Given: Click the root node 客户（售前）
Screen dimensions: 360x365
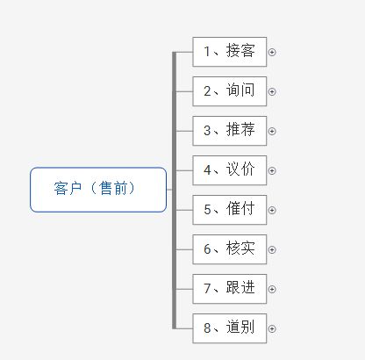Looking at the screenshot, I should coord(98,190).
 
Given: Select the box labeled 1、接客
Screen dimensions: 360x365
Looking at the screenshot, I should coord(230,52).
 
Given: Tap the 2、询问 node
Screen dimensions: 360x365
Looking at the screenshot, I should coord(230,91).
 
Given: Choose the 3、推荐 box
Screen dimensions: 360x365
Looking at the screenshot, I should coord(230,131).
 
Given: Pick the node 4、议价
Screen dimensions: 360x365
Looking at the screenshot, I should coord(230,170).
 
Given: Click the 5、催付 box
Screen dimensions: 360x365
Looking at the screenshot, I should coord(230,210).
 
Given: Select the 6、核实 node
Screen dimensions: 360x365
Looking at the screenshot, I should coord(230,249).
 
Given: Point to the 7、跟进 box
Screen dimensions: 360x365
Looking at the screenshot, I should coord(230,288).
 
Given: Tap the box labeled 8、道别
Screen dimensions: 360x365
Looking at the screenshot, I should coord(230,328).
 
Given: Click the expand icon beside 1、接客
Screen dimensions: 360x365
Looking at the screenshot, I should coord(272,53).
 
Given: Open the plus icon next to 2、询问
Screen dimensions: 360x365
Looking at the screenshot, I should coord(272,92).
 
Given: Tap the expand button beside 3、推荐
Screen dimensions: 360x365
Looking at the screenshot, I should coord(272,132).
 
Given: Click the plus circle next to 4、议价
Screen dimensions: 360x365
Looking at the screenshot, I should coord(272,171).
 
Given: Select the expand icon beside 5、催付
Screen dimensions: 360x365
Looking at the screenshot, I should coord(272,211).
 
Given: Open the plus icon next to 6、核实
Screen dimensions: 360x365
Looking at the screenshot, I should coord(272,250).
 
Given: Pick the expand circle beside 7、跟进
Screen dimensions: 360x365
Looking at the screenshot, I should coord(272,289).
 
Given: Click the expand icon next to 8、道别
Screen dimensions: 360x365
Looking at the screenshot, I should coord(272,329).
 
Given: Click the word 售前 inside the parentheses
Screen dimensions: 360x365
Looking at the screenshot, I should coord(112,190).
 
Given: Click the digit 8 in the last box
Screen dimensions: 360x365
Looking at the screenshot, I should coord(208,329).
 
